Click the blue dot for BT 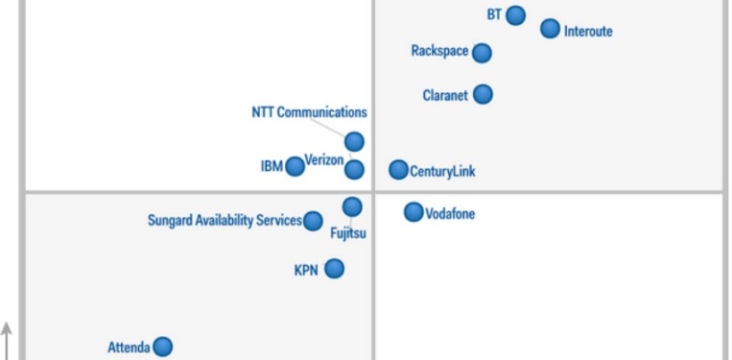coord(515,15)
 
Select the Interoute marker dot coord(550,29)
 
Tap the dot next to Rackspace coord(482,53)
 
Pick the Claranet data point coord(483,94)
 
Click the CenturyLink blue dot coord(398,170)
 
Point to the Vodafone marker coord(413,212)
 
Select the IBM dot coord(295,166)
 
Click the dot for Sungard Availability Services coord(313,221)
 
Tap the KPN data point coord(334,269)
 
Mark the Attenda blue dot coord(163,347)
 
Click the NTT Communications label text coord(309,112)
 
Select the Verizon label coord(324,159)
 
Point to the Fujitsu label coord(348,232)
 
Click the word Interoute coord(588,32)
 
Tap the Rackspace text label coord(439,51)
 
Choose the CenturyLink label coord(442,172)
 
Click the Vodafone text coord(450,214)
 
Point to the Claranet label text coord(444,95)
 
